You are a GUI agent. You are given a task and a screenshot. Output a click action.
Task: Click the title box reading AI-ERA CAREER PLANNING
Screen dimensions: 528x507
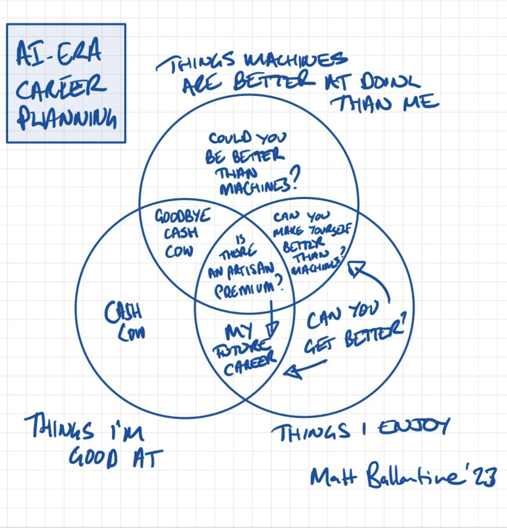(65, 83)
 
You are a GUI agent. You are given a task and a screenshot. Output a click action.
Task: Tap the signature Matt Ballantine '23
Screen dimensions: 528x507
(402, 475)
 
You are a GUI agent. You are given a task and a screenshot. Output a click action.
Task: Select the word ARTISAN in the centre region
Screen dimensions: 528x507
(241, 273)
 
